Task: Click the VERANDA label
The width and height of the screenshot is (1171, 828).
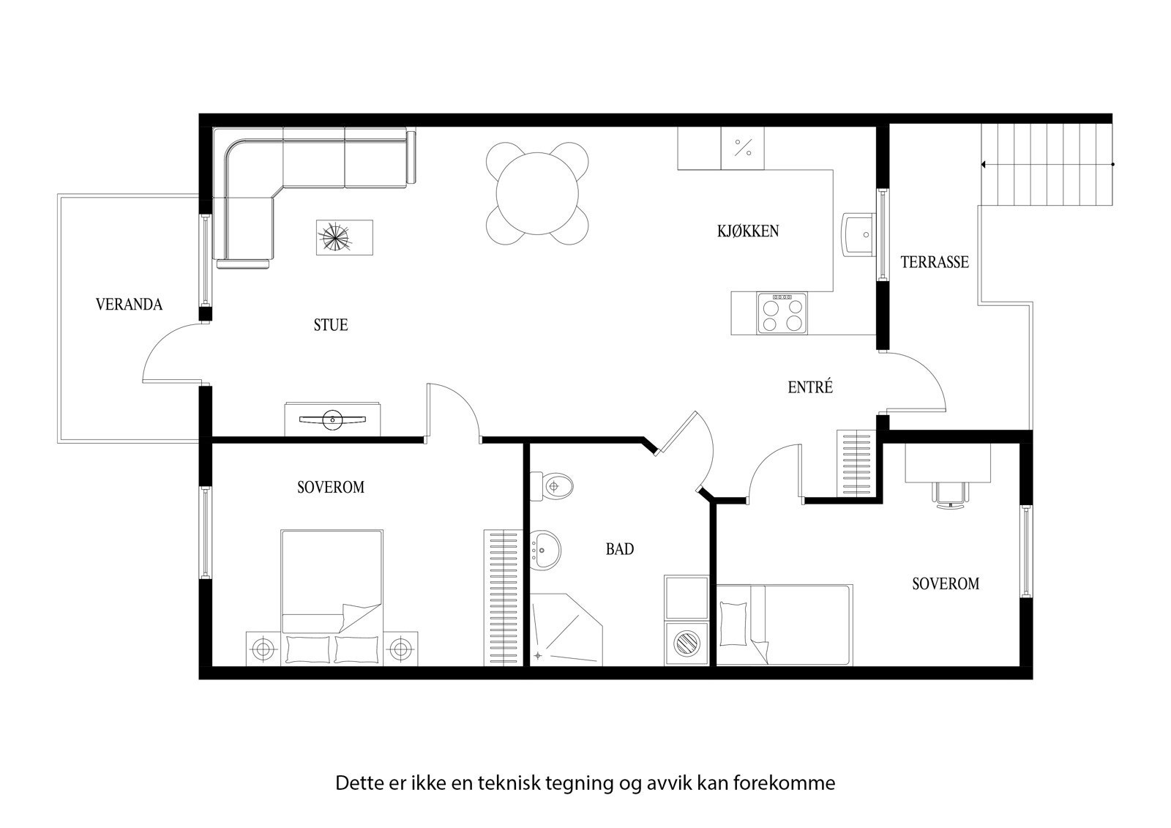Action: pos(129,305)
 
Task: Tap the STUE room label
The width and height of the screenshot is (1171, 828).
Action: pos(330,325)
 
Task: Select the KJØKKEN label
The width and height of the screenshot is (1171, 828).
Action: pos(747,231)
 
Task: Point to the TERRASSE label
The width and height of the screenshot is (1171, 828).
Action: pos(934,262)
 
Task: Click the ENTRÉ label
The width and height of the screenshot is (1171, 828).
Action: pos(810,388)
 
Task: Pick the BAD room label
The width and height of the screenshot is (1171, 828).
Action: pos(619,549)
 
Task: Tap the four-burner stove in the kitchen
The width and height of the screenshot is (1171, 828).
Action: pos(782,313)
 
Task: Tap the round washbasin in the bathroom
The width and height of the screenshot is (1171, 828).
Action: pos(544,548)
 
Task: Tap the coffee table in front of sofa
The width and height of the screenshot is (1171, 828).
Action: pos(344,238)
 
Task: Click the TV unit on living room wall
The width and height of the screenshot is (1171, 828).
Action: pos(333,419)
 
